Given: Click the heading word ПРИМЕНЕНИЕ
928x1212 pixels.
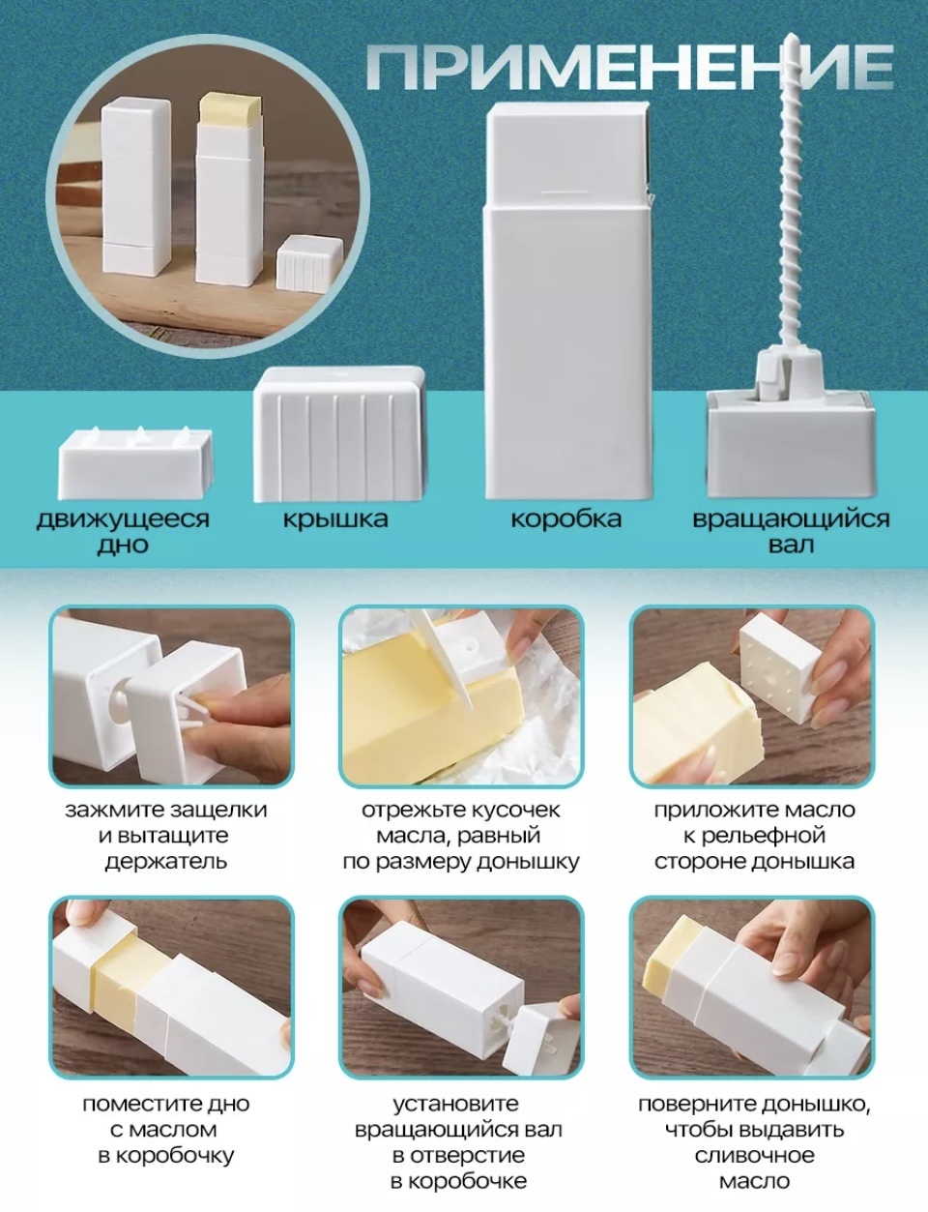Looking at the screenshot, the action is pyautogui.click(x=630, y=67).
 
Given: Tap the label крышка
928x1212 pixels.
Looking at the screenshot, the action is pyautogui.click(x=335, y=519).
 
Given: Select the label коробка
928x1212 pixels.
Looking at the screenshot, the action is pyautogui.click(x=565, y=518).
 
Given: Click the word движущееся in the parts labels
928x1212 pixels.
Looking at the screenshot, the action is pyautogui.click(x=123, y=519).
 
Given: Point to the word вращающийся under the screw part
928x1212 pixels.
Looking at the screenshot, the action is pyautogui.click(x=791, y=519).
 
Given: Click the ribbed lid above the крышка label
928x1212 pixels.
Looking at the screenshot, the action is pyautogui.click(x=339, y=434).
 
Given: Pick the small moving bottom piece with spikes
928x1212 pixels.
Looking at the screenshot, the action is pyautogui.click(x=135, y=463).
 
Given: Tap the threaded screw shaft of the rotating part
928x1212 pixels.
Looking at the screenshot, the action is pyautogui.click(x=792, y=195).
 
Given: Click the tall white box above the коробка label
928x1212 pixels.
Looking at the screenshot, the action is pyautogui.click(x=567, y=300).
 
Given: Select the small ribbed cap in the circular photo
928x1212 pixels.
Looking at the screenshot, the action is pyautogui.click(x=309, y=263).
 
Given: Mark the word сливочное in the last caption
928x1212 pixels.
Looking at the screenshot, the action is pyautogui.click(x=754, y=1155).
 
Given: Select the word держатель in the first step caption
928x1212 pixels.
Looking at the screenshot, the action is pyautogui.click(x=166, y=862).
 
